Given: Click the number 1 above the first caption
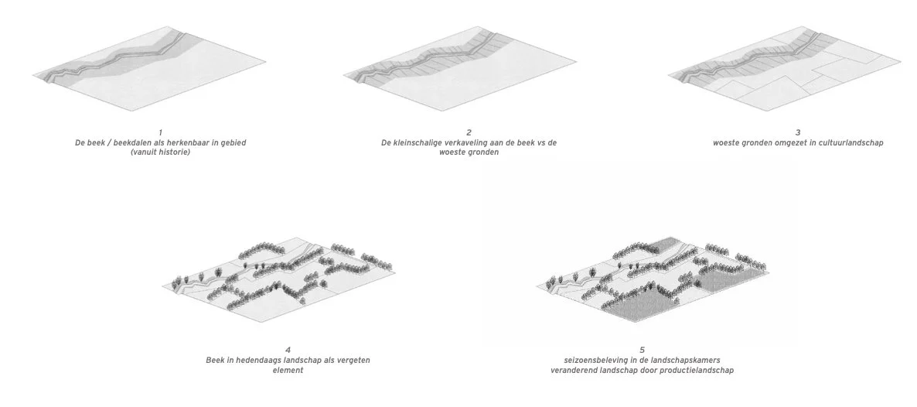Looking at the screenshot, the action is coord(160,134).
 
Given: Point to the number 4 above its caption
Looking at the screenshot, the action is coord(288,351).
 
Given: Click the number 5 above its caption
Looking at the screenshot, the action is coord(643,351).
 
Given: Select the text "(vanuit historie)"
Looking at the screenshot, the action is coord(160,152).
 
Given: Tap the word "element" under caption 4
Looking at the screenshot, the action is coord(288,371).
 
